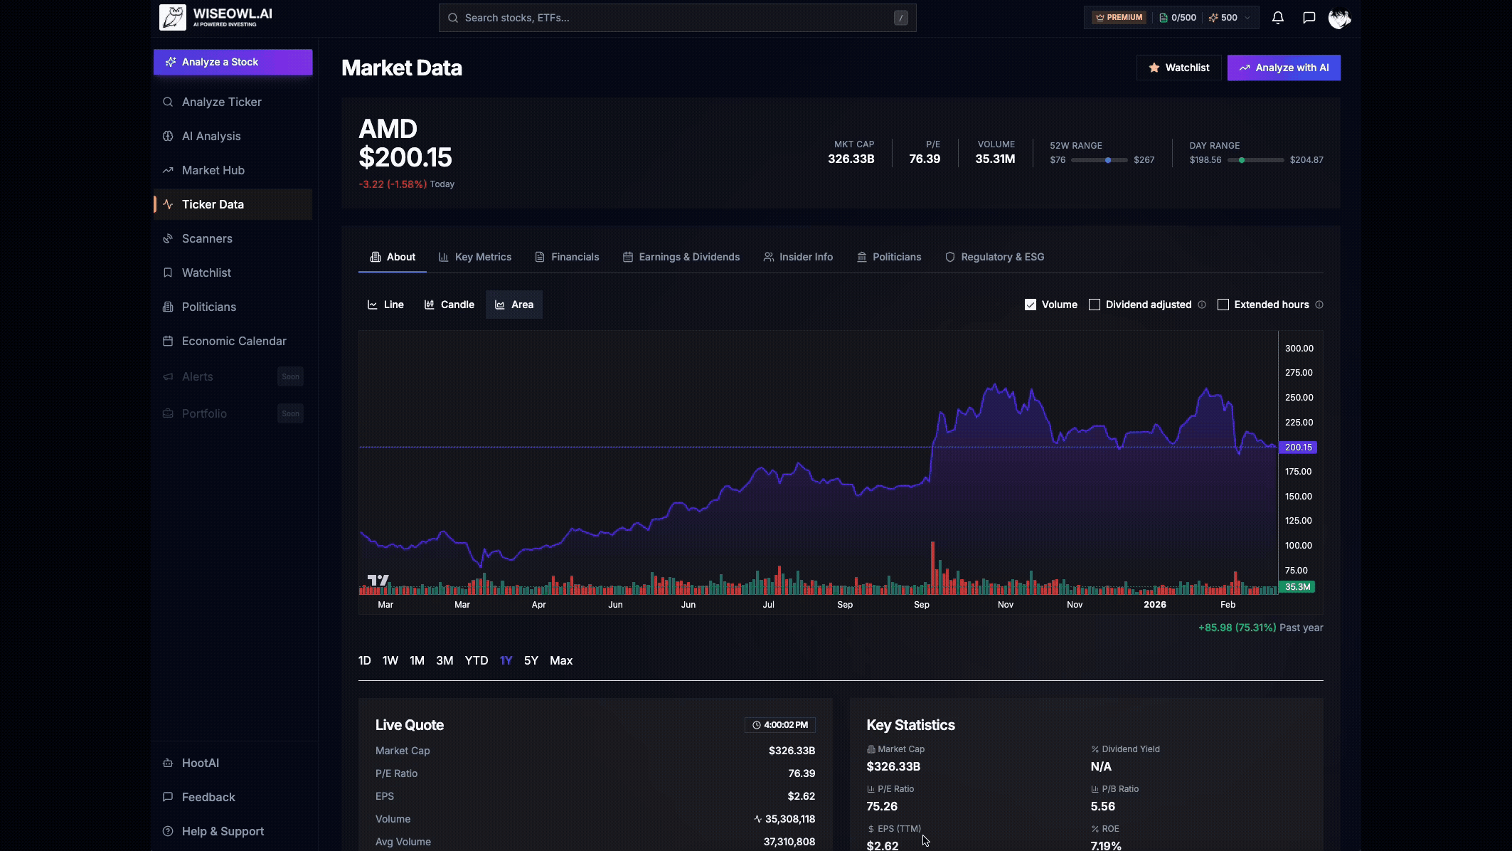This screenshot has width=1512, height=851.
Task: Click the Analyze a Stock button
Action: tap(233, 62)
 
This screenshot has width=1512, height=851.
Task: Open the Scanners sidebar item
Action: tap(206, 238)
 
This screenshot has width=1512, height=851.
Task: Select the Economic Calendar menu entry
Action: tap(233, 341)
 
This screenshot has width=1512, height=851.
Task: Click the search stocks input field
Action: tap(676, 18)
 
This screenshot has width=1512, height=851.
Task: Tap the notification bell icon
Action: tap(1277, 18)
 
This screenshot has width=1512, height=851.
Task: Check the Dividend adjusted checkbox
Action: tap(1095, 305)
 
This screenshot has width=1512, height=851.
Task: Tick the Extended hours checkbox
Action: tap(1223, 305)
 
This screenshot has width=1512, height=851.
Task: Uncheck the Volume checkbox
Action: tap(1031, 305)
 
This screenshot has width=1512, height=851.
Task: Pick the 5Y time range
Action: tap(531, 660)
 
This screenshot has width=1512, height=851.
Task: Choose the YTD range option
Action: tap(476, 660)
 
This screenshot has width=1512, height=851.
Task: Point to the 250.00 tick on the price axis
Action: tap(1299, 397)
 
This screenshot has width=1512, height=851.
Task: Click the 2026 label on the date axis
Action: tap(1154, 604)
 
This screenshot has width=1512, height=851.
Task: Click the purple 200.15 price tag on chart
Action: tap(1298, 448)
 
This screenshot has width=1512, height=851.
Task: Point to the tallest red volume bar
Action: tap(932, 568)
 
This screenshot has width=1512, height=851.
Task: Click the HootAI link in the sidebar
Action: tap(200, 763)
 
